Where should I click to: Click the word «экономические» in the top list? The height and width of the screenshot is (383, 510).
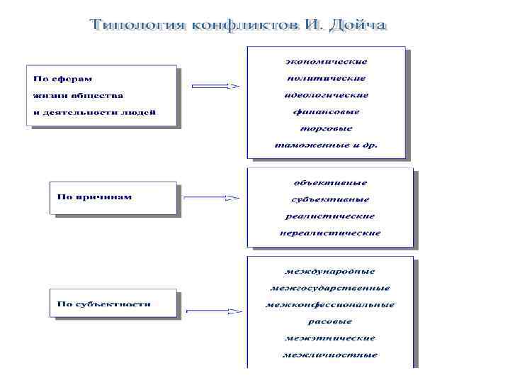click(x=327, y=62)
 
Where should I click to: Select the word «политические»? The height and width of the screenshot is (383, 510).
click(x=327, y=78)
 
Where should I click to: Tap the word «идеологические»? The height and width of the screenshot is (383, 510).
click(x=327, y=95)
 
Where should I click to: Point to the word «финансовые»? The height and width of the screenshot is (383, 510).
click(x=327, y=111)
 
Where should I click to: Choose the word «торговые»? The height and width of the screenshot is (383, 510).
click(x=327, y=128)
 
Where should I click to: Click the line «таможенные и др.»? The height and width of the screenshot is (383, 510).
click(x=327, y=145)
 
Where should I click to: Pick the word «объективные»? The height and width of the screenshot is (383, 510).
click(x=330, y=182)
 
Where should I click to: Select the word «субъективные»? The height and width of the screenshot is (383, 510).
click(x=330, y=199)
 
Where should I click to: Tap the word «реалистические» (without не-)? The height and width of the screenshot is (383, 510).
click(x=330, y=216)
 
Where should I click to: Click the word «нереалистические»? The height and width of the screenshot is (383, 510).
click(x=330, y=233)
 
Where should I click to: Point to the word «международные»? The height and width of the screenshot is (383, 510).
click(x=330, y=271)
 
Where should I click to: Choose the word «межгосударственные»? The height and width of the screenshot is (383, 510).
click(x=330, y=288)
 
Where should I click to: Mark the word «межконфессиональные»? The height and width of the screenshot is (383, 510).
click(x=330, y=305)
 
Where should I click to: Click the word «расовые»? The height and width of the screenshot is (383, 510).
click(x=330, y=321)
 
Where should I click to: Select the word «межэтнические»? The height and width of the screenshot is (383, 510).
click(x=330, y=338)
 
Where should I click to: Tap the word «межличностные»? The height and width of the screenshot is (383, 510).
click(x=330, y=355)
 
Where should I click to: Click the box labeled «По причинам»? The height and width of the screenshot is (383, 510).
click(x=113, y=197)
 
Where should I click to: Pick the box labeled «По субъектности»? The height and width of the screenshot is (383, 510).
click(x=113, y=304)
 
